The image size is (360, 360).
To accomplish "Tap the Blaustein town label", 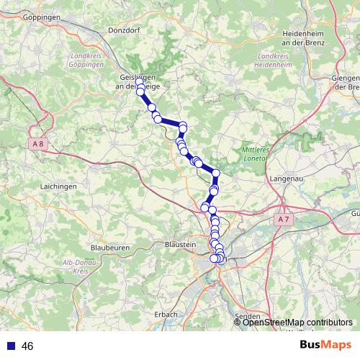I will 180,245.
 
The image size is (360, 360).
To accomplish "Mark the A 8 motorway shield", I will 39,143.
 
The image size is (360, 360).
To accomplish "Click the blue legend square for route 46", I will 10,346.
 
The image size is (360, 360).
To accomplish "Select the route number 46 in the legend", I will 28,346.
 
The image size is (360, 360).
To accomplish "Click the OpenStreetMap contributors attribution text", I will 297,322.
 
